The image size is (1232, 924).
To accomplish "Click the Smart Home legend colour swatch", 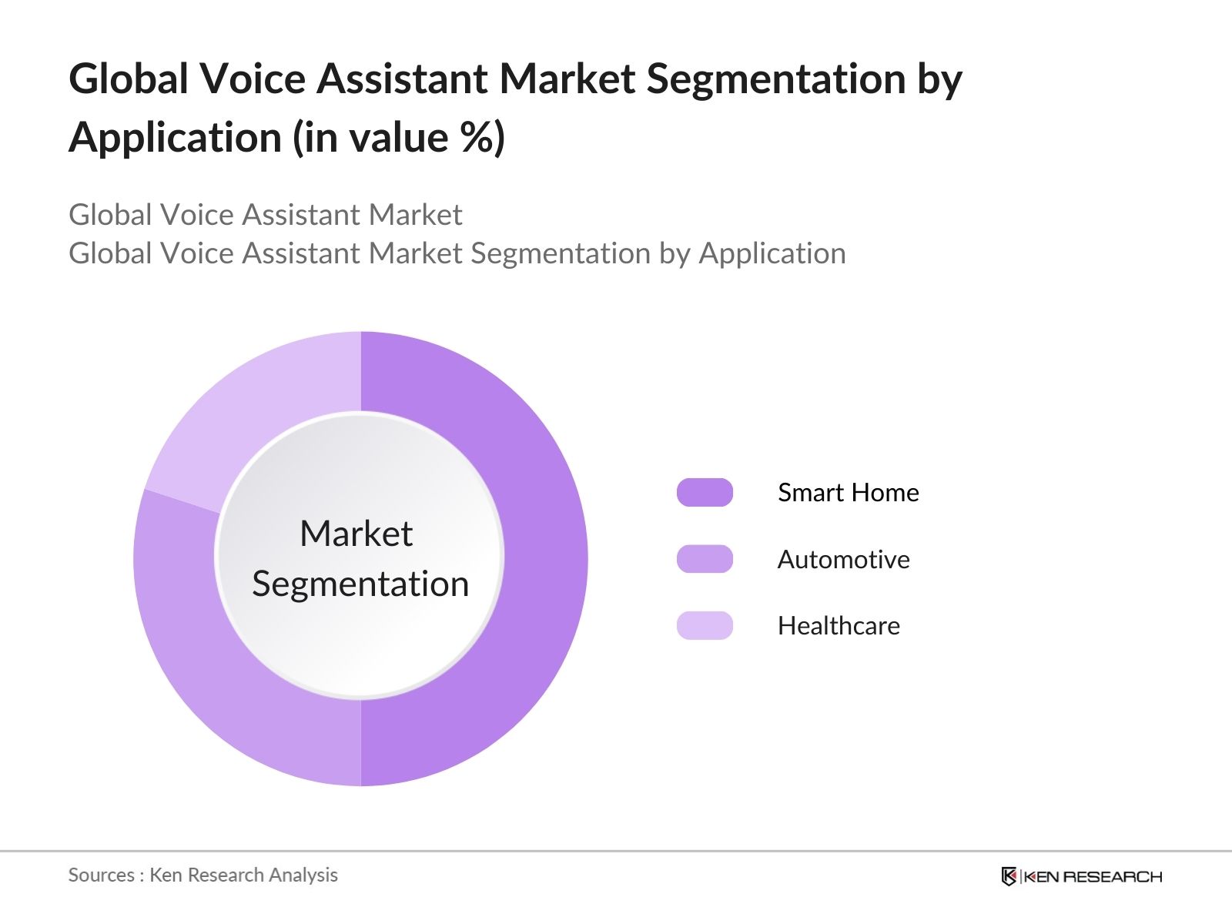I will (x=705, y=493).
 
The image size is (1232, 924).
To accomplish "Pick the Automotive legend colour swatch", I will (x=705, y=559).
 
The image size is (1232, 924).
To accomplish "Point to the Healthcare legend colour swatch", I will (x=705, y=625).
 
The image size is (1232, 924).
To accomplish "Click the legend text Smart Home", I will (x=848, y=493).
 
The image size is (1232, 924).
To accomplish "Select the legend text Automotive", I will (x=843, y=559).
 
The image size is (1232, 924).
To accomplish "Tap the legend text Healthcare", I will (x=839, y=625).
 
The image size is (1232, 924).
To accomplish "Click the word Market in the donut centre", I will (x=356, y=534).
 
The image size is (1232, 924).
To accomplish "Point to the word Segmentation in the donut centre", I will (x=360, y=584).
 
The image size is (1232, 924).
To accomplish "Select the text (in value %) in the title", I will (x=399, y=138).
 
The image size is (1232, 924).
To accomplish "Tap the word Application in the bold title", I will (x=176, y=138).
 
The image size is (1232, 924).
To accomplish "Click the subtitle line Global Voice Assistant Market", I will (x=265, y=215).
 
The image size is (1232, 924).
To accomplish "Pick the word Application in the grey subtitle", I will (x=772, y=253).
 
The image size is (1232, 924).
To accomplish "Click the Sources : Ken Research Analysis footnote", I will (x=203, y=875).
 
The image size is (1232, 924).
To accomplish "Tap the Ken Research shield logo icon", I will (x=1009, y=876).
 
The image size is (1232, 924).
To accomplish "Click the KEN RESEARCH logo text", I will (x=1093, y=876).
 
